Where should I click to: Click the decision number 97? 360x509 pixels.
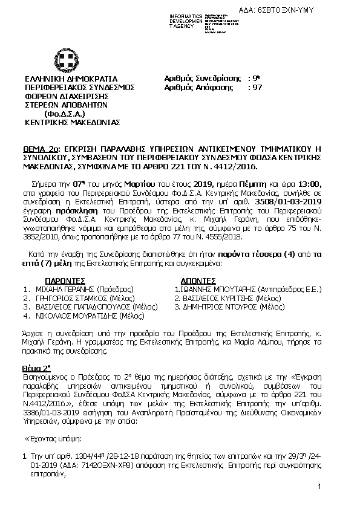coord(257,87)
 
